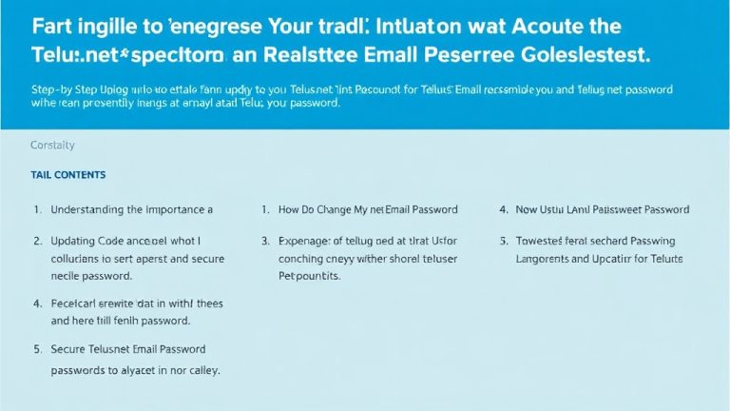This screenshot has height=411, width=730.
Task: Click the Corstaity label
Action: pyautogui.click(x=52, y=146)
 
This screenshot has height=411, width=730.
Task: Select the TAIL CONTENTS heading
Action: pyautogui.click(x=68, y=175)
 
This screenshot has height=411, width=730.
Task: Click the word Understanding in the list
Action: pyautogui.click(x=90, y=209)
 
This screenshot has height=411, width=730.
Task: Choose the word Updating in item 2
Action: pyautogui.click(x=74, y=242)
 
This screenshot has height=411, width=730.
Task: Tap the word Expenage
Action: pyautogui.click(x=307, y=242)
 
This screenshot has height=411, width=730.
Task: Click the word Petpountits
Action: pyautogui.click(x=309, y=275)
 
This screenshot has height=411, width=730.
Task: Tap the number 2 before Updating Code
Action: pyautogui.click(x=37, y=242)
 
